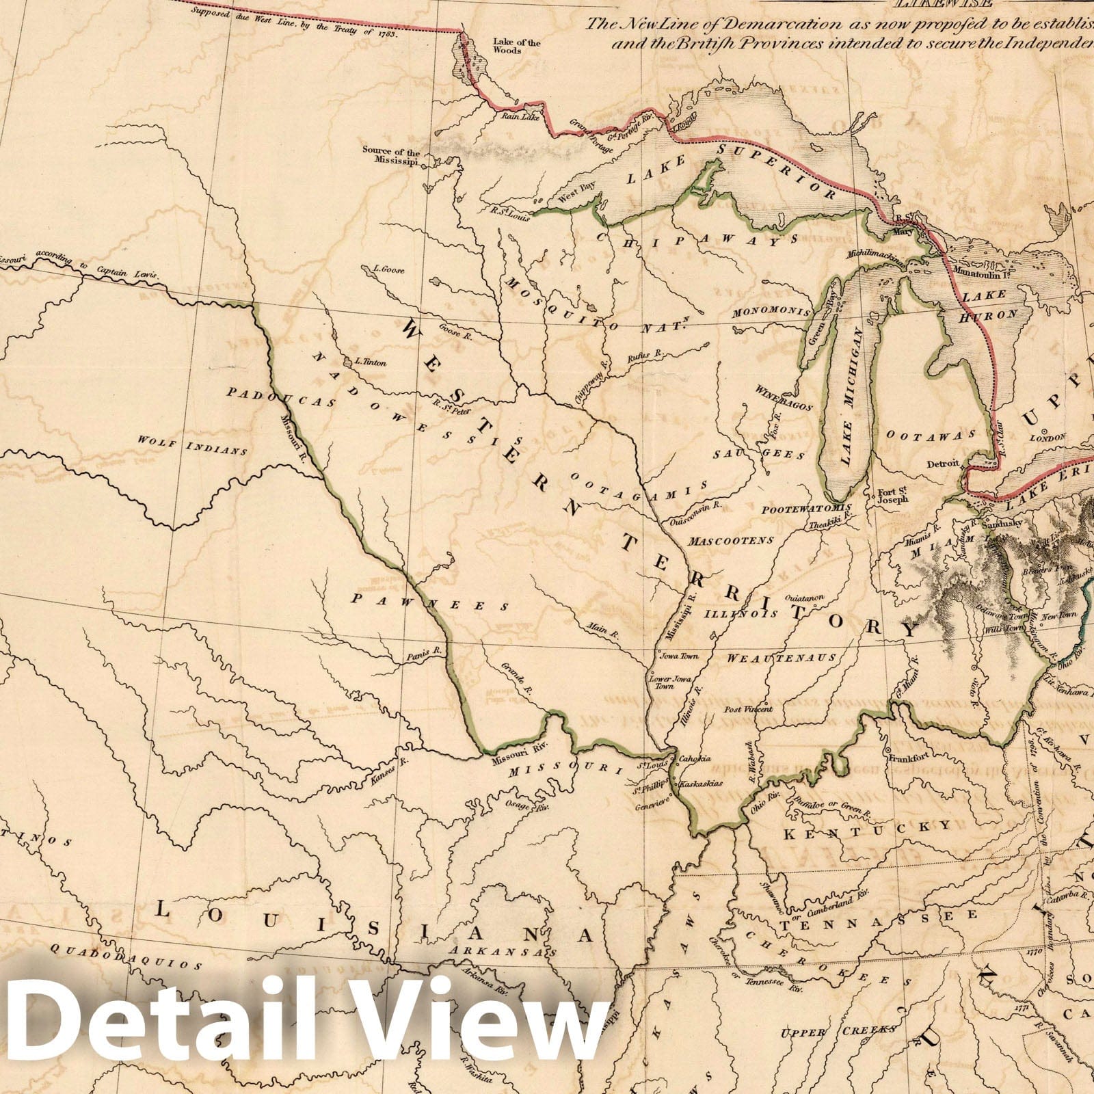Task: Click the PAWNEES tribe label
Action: point(430,602)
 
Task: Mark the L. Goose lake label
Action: point(385,269)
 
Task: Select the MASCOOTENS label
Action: point(731,540)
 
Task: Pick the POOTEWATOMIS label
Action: point(807,509)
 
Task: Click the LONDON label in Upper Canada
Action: point(1053,438)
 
